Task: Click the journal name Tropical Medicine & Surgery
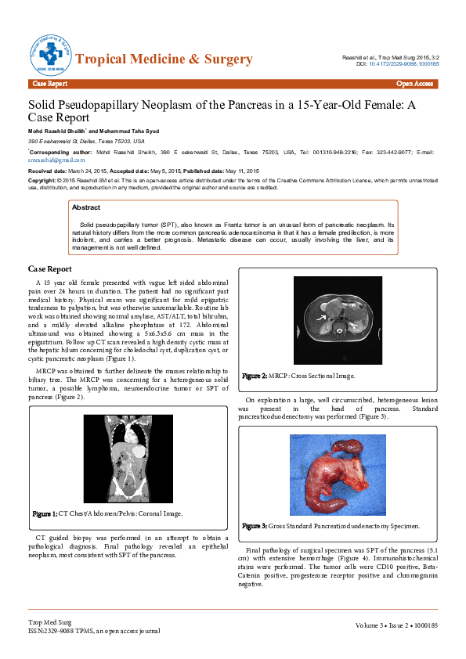164,59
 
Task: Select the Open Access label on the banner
414,83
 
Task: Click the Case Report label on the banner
49,83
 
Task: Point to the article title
227,110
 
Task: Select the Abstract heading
85,207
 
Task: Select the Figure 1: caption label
45,514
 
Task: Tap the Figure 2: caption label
255,376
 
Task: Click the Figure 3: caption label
255,526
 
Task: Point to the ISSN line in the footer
94,630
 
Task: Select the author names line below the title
97,130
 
